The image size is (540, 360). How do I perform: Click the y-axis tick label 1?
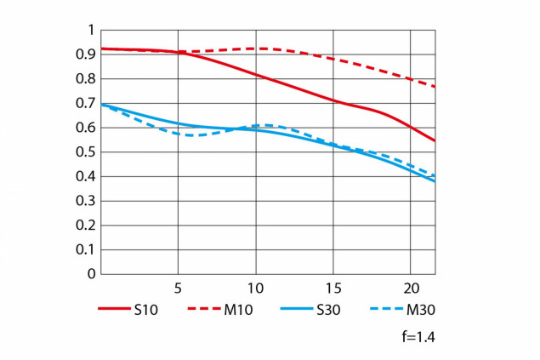tap(90, 31)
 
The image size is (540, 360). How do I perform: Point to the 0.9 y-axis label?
tap(85, 54)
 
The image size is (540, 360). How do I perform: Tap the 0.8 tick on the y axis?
tap(85, 79)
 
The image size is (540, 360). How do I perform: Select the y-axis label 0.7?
tap(85, 104)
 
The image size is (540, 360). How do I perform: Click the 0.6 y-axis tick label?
tap(85, 129)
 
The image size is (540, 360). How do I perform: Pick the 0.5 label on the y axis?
tap(85, 152)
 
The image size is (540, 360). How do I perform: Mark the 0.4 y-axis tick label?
tap(85, 177)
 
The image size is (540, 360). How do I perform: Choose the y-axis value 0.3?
tap(85, 202)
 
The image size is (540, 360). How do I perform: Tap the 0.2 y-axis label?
tap(85, 226)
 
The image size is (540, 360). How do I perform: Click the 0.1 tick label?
tap(85, 250)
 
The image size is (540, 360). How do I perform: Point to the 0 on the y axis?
tap(90, 275)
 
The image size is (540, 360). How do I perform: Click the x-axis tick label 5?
tap(178, 287)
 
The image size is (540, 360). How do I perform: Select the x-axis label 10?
tap(254, 287)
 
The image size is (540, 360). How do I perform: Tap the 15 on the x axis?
tap(333, 287)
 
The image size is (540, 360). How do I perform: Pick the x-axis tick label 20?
tap(410, 287)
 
